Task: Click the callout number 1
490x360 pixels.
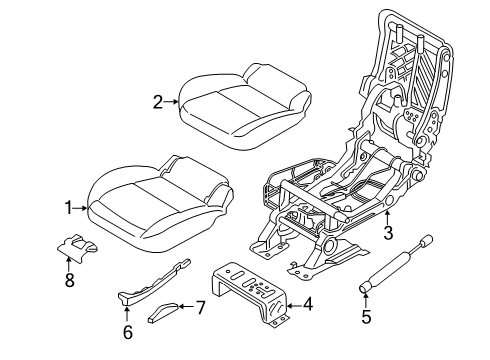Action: [x=69, y=208]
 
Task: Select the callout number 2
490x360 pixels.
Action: [x=157, y=100]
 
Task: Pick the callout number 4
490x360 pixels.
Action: [x=308, y=305]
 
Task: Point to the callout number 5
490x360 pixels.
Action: [x=365, y=319]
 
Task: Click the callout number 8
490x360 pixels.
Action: [x=70, y=283]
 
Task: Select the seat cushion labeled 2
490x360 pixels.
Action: [x=240, y=100]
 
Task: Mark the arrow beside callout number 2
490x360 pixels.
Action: [x=173, y=100]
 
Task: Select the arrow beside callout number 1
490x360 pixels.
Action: [x=84, y=208]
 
